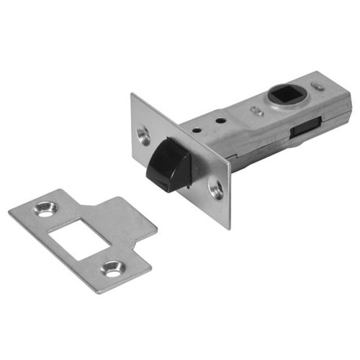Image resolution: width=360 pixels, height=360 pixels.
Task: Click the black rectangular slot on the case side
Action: (303, 130)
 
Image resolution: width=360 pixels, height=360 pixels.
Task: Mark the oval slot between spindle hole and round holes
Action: (256, 110)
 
